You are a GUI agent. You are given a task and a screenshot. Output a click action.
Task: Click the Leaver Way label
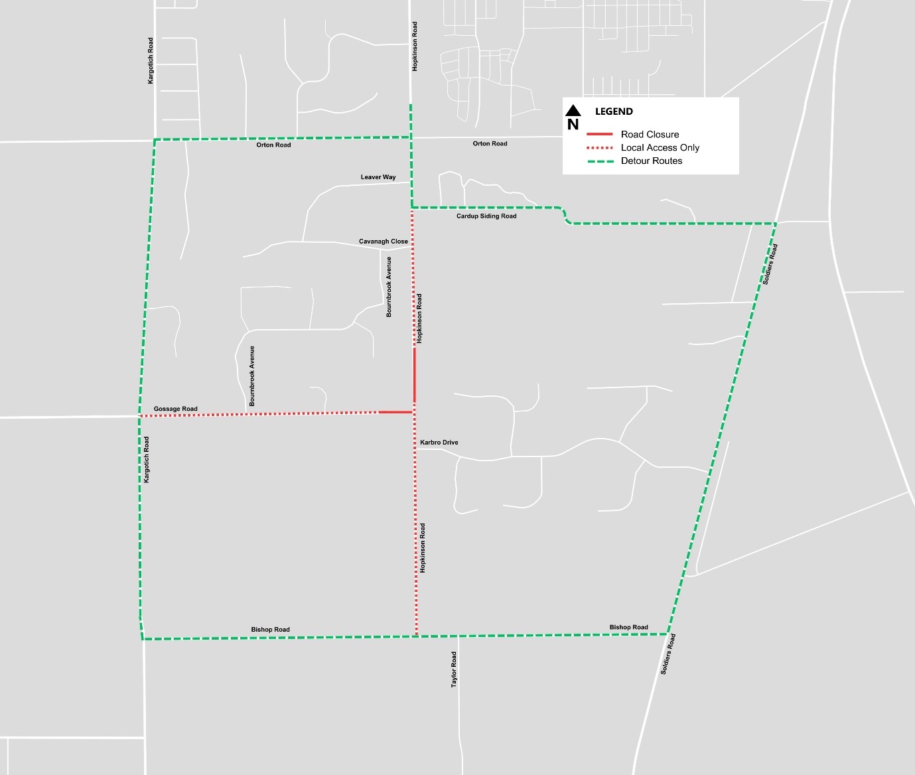click(x=378, y=177)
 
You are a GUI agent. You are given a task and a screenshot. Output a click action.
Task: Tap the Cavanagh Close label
click(x=384, y=242)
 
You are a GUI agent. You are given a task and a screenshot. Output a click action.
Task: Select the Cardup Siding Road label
click(x=486, y=216)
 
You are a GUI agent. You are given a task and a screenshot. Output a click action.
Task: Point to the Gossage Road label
click(x=176, y=409)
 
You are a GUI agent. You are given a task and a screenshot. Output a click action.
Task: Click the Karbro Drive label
click(x=439, y=443)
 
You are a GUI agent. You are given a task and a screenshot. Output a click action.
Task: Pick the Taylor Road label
click(x=455, y=669)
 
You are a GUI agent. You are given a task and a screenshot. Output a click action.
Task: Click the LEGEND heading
click(x=614, y=111)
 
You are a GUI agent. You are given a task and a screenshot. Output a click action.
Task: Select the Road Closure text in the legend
click(x=650, y=134)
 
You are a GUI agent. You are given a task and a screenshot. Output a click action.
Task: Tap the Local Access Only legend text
click(x=660, y=147)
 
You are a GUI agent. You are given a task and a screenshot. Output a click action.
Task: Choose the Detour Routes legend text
click(x=652, y=161)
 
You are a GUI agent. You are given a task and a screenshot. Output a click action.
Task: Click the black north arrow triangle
click(x=573, y=110)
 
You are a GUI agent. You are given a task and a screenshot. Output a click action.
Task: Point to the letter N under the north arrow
click(x=573, y=124)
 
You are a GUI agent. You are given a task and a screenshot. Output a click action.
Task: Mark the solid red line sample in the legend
click(x=599, y=134)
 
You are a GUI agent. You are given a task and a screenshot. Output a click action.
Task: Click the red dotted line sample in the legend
click(x=599, y=147)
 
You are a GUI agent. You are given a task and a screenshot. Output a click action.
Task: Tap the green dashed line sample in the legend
click(x=599, y=161)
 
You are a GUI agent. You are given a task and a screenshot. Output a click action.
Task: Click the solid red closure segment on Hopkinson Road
click(x=415, y=375)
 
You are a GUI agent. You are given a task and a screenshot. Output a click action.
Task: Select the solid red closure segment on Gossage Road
click(x=396, y=412)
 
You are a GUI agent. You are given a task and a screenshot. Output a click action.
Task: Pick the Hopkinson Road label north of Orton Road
click(x=415, y=46)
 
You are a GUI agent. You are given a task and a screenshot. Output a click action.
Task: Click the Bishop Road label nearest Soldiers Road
click(x=629, y=627)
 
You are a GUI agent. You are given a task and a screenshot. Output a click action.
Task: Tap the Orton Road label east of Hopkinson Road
click(x=490, y=143)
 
